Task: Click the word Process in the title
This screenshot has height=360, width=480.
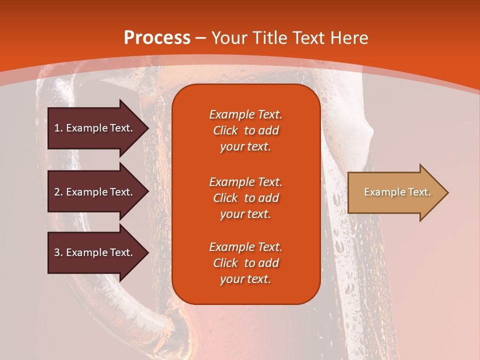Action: (x=156, y=38)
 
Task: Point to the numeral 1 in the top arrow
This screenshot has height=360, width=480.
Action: (x=56, y=128)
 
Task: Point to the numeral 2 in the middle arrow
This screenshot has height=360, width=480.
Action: (x=56, y=192)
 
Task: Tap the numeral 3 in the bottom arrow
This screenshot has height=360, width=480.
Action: (x=56, y=252)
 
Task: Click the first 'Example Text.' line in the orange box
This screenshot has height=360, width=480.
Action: (x=245, y=114)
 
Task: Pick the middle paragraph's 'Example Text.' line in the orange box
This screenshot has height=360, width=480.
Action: (x=245, y=181)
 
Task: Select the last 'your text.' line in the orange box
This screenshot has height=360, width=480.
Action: (x=245, y=279)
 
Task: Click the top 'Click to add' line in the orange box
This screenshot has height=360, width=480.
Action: (x=245, y=130)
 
